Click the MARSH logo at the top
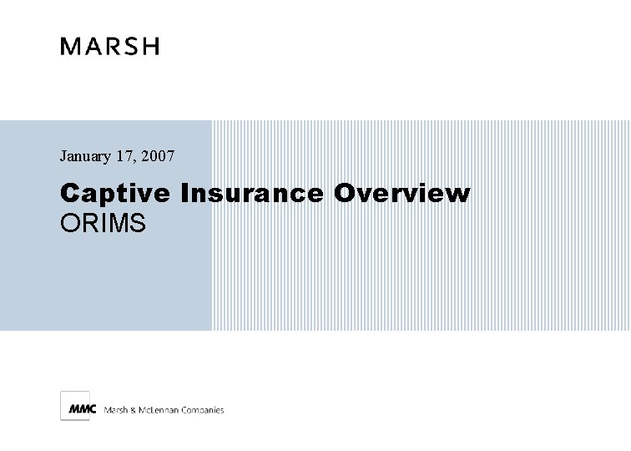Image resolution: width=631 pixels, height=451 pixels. tap(109, 47)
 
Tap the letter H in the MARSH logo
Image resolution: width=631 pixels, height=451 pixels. tap(150, 47)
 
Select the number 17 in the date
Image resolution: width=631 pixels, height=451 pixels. tap(124, 155)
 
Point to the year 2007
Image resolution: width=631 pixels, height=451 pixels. tap(158, 155)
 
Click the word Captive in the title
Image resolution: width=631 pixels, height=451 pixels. tap(115, 195)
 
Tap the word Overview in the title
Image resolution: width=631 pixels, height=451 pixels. tap(402, 194)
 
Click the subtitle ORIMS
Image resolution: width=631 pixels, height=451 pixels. tap(103, 223)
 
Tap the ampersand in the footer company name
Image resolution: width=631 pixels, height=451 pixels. tap(134, 409)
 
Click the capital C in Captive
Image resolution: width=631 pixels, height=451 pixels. tap(68, 194)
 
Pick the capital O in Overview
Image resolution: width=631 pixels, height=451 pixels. tap(344, 194)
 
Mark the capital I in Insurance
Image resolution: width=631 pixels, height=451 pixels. tap(184, 194)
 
